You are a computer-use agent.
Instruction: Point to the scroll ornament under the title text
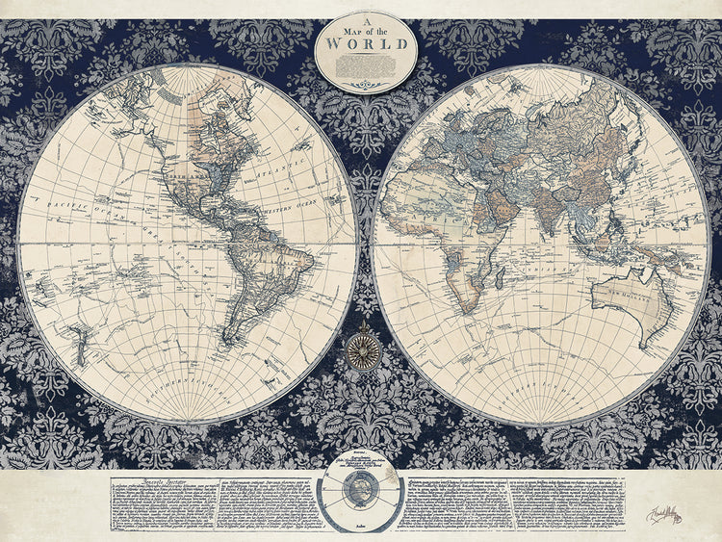(x=366, y=85)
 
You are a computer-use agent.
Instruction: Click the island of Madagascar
(x=499, y=280)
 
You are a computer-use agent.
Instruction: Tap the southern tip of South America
(x=229, y=339)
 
